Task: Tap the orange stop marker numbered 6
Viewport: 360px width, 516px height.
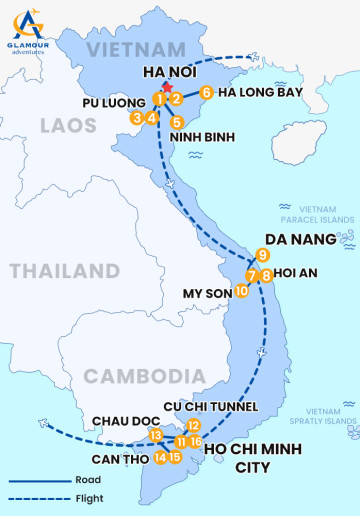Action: [205, 93]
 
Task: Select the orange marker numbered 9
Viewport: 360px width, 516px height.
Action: [261, 254]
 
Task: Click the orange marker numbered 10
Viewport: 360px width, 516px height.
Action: [241, 290]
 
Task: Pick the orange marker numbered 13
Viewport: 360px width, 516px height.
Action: [156, 435]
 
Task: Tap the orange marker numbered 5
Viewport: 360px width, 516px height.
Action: [177, 122]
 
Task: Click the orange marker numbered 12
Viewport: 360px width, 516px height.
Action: [194, 425]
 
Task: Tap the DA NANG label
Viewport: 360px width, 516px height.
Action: [299, 240]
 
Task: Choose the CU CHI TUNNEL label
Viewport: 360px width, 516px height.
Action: [212, 406]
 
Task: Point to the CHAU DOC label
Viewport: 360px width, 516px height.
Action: [120, 421]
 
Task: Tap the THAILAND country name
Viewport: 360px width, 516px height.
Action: [64, 271]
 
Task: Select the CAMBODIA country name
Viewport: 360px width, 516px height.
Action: [137, 375]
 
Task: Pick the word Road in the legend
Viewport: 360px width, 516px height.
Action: [87, 480]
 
